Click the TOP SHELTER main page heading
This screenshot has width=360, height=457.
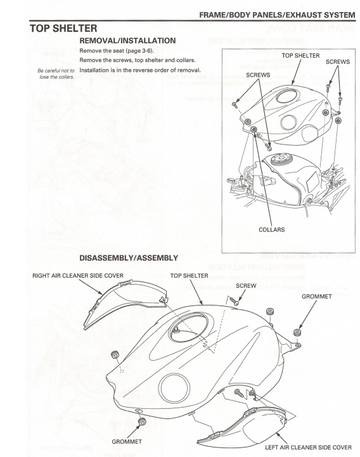point(63,28)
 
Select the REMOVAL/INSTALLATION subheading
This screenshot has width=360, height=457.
point(127,41)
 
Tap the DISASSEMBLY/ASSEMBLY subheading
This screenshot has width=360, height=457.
point(129,258)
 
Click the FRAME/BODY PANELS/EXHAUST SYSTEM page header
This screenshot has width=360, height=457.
point(277,15)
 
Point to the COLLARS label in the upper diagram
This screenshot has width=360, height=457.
point(272,230)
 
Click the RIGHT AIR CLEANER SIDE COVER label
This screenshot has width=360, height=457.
point(78,276)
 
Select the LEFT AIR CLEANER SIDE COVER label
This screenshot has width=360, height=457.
point(308,447)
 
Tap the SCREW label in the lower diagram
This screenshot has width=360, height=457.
point(246,286)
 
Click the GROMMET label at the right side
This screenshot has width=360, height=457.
point(317,296)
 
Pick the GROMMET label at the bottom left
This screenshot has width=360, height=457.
point(127,442)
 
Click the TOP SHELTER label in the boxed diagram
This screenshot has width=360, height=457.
point(301,56)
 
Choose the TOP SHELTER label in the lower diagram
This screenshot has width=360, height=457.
point(189,276)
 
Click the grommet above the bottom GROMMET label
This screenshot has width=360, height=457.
point(142,421)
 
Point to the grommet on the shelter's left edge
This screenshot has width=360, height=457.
point(115,355)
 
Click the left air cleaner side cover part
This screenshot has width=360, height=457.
point(243,426)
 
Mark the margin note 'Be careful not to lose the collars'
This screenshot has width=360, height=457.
point(56,74)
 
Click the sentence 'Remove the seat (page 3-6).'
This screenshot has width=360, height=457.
point(117,51)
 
